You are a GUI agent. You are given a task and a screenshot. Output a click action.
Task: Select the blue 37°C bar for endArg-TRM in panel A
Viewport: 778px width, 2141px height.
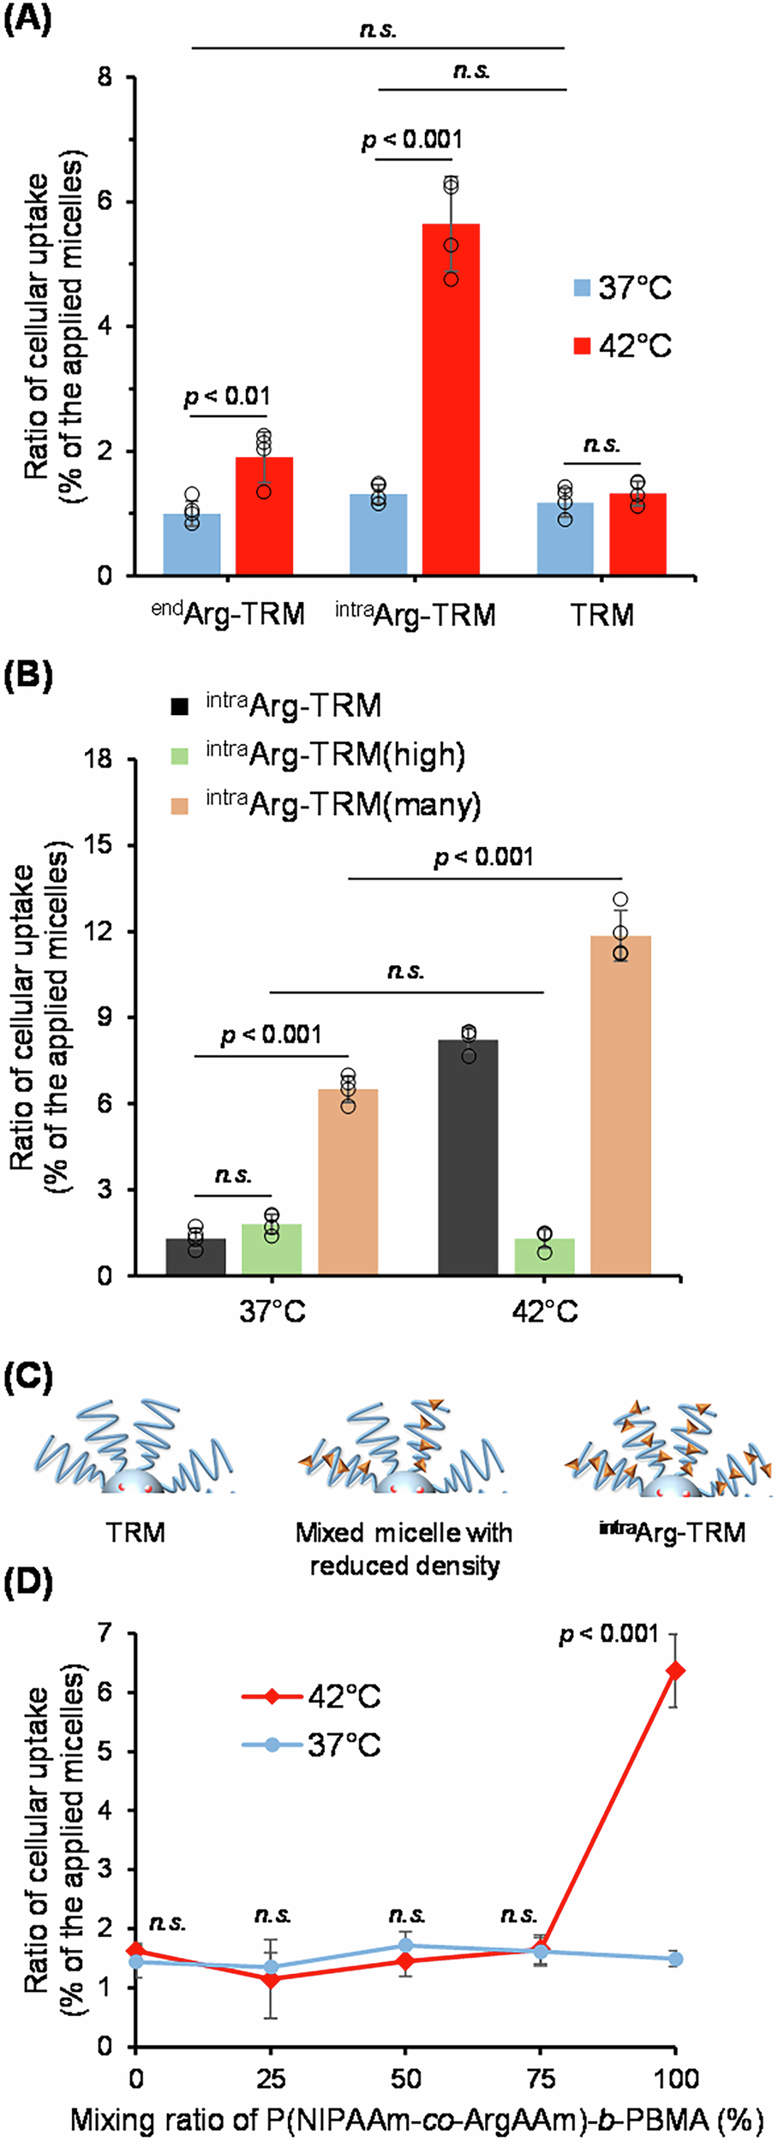point(192,544)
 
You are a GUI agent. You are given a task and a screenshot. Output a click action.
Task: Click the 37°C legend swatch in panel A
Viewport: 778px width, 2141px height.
point(583,288)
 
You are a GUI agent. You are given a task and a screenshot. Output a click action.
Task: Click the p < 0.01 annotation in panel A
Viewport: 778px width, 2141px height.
point(227,397)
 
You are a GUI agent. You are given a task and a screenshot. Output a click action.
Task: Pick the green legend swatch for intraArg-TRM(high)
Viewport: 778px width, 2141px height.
point(179,756)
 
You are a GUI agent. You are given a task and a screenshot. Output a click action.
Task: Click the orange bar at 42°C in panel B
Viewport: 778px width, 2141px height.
point(620,1105)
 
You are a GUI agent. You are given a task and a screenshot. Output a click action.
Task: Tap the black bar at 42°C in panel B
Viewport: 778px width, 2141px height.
point(468,1156)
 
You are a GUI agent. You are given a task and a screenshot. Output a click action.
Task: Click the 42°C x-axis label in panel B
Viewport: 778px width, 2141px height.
point(545,1311)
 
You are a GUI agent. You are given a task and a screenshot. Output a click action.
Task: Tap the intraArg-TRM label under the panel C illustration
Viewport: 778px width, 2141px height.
point(672,1532)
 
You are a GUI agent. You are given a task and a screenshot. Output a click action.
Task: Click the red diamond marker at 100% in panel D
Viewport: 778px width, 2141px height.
point(676,1670)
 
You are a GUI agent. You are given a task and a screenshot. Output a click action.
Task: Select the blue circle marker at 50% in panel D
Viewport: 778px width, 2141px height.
point(405,1946)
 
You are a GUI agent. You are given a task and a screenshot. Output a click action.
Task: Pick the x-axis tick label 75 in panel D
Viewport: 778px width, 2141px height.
point(541,2078)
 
